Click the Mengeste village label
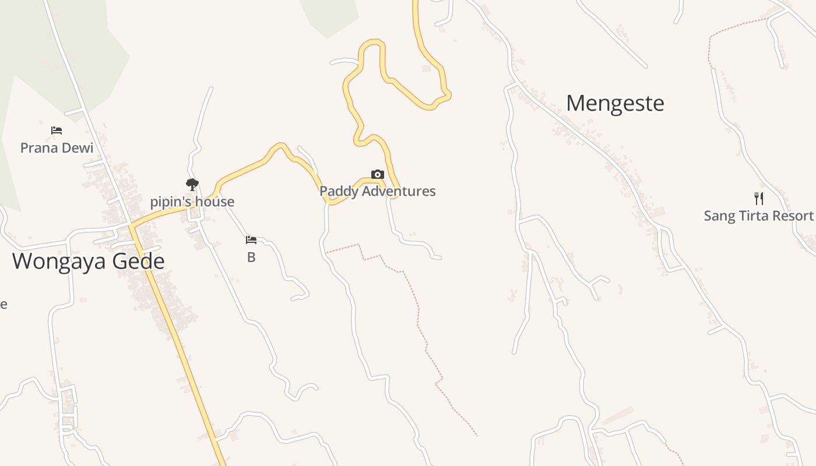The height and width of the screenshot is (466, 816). [x=615, y=104]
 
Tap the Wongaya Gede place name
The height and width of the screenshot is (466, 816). [x=88, y=261]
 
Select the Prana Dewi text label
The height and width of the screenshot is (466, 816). [x=57, y=148]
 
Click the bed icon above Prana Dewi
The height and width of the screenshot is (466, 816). [x=57, y=130]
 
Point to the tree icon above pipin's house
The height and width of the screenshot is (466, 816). [x=192, y=185]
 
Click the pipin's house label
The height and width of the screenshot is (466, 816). [x=192, y=202]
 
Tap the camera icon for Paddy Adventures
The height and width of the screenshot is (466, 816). [x=378, y=174]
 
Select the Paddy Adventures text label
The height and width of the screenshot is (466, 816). [x=378, y=191]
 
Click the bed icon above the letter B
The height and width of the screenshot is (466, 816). [x=251, y=240]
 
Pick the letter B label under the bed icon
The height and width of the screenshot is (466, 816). [x=251, y=257]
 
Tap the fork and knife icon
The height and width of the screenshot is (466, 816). [x=759, y=199]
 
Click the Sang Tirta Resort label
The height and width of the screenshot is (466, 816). [x=758, y=216]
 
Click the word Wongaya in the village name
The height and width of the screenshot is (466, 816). [x=59, y=261]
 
